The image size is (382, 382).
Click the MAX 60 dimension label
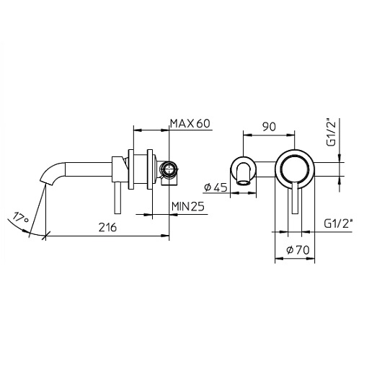tap(190, 124)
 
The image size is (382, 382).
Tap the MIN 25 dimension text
tap(189, 208)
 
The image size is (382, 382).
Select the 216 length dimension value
tap(107, 226)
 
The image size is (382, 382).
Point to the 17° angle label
tap(20, 217)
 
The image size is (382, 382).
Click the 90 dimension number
tap(270, 127)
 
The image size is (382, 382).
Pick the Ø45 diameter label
tap(216, 187)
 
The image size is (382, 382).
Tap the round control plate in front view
tap(293, 167)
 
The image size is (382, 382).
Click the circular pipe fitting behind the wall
tap(169, 171)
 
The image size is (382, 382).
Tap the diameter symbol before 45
tap(208, 187)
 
